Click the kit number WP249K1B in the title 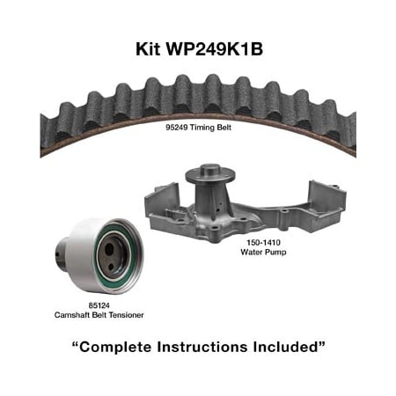215,49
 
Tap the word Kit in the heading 148,49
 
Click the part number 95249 177,128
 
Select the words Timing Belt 210,128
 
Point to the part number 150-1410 263,243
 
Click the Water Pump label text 263,252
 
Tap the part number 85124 99,305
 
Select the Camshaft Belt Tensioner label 99,315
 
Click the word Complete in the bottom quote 115,347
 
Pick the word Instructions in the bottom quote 202,347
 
